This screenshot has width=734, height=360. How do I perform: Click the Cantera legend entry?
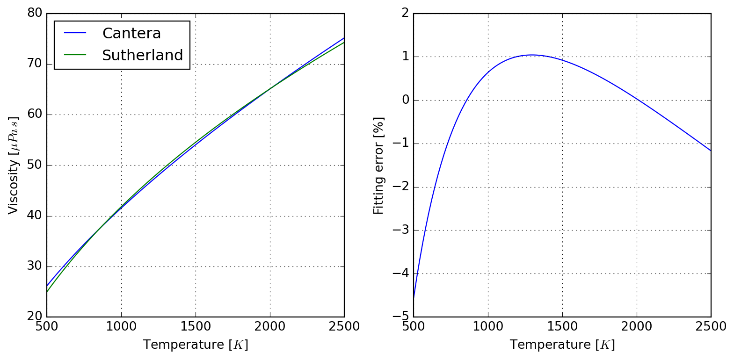(x=131, y=34)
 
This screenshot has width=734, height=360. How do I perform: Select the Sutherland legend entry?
(x=142, y=56)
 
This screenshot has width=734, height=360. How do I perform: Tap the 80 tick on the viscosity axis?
(x=35, y=13)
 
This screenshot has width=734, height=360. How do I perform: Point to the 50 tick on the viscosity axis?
(x=35, y=165)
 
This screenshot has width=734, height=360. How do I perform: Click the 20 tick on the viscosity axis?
(x=35, y=317)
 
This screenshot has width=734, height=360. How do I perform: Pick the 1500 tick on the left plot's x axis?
(x=196, y=326)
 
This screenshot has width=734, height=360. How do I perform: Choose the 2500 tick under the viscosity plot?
(x=344, y=326)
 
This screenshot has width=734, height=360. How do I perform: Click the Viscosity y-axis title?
(x=14, y=165)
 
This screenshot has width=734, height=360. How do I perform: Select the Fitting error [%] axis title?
(x=378, y=166)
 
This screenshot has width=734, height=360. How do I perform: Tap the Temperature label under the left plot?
(x=196, y=345)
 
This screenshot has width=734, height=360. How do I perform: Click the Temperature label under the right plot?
(x=562, y=345)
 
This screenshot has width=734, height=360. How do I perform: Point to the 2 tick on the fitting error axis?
(x=405, y=13)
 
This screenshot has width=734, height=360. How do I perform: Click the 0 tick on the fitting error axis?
(x=405, y=100)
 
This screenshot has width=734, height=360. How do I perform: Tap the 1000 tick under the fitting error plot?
(x=488, y=326)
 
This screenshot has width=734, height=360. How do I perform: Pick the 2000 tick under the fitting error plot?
(x=637, y=326)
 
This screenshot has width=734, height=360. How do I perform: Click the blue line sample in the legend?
(x=75, y=33)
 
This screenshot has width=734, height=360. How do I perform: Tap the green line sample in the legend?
(x=75, y=55)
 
